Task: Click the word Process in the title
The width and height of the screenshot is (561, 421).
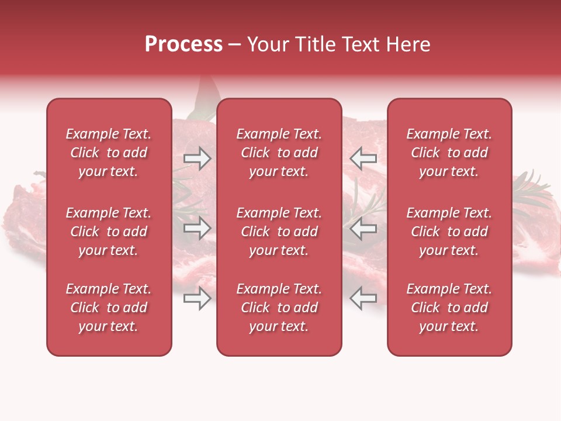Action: coord(183,44)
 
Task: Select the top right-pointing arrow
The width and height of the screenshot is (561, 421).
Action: coord(197,158)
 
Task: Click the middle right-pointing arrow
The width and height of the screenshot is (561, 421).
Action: coord(197,229)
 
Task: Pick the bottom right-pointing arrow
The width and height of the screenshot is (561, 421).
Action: coord(197,299)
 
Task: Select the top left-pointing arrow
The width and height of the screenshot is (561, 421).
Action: coord(363,158)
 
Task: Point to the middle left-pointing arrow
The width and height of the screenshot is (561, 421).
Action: coord(363,229)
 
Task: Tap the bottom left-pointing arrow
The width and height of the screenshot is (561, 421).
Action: coord(363,299)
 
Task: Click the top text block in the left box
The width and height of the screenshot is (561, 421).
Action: coord(109,153)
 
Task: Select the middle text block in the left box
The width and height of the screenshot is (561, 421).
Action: coord(109,232)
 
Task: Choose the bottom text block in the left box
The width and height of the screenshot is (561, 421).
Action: coord(109,308)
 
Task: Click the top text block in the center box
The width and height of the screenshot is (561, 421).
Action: coord(279,153)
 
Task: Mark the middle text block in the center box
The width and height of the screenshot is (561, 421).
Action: coord(279,232)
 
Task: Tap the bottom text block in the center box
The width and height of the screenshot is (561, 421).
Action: coord(279,308)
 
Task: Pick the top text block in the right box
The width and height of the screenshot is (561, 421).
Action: coord(449,153)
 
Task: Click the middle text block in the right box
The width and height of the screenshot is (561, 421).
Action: coord(449,232)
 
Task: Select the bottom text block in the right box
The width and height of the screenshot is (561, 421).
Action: coord(449,308)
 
